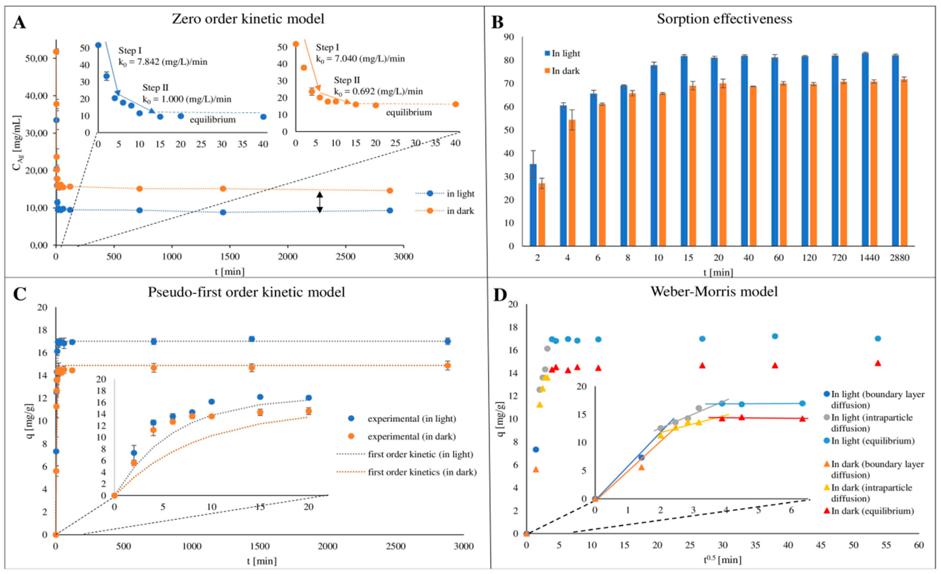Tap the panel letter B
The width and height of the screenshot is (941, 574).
point(498,23)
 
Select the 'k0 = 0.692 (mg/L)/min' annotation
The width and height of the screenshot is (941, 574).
point(378,92)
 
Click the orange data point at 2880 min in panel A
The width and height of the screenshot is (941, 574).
point(389,191)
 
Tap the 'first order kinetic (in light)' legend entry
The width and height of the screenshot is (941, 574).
point(420,455)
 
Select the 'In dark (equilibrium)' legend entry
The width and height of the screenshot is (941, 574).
point(872,511)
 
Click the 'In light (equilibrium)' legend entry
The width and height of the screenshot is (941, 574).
point(873,441)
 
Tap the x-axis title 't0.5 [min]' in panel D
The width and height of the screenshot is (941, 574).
point(722,560)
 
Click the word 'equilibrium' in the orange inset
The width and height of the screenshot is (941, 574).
point(409,113)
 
